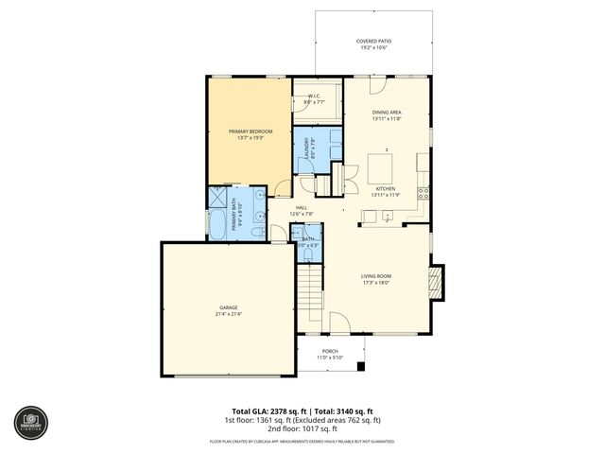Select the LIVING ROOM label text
point(375,277)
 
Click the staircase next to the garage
point(310,289)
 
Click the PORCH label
point(330,353)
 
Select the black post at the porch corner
point(360,365)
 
